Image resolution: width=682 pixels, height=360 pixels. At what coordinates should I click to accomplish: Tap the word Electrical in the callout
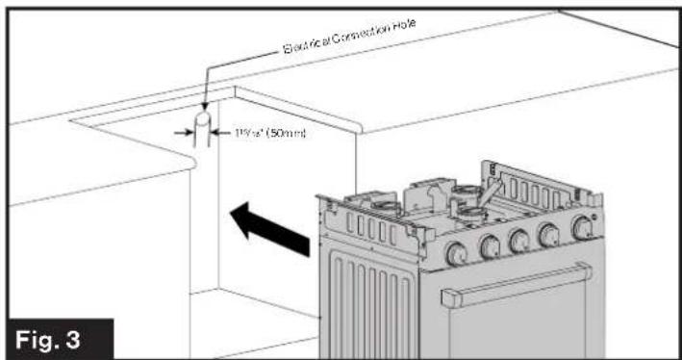(x=307, y=44)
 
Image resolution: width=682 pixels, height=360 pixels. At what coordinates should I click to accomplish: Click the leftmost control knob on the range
(x=456, y=254)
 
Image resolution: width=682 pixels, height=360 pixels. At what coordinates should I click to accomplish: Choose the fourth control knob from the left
(x=551, y=234)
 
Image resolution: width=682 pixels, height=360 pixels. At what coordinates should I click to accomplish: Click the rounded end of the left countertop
(x=192, y=163)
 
